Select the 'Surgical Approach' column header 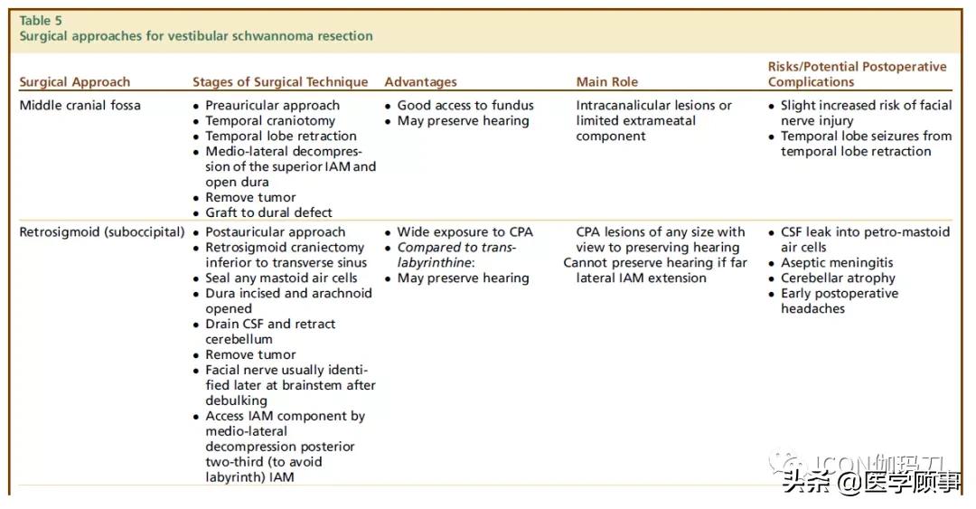tap(75, 82)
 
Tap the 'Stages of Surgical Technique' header tap(280, 82)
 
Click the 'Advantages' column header tap(421, 82)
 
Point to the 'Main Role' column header tap(607, 82)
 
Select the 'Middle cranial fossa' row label tap(80, 105)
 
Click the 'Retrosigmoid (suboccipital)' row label tap(102, 232)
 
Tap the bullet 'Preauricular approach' tap(272, 105)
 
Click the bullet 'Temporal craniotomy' tap(269, 120)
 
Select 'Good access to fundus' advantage tap(465, 105)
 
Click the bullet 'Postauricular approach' tap(275, 232)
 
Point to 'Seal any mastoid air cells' tap(281, 278)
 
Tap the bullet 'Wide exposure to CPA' tap(465, 232)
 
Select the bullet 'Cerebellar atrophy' tap(838, 278)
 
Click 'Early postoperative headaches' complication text tap(839, 301)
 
